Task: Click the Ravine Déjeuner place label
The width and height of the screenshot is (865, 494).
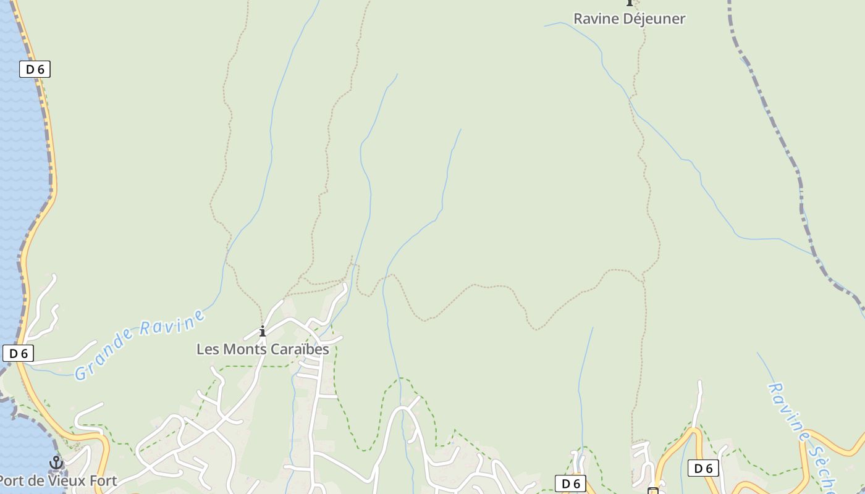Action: [629, 19]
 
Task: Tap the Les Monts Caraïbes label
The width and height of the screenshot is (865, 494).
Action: [263, 349]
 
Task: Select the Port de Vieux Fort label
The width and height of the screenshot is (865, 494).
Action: [57, 480]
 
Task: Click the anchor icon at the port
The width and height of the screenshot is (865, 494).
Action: [56, 463]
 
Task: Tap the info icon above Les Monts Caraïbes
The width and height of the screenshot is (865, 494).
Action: [263, 332]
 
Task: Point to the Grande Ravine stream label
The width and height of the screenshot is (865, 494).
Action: [140, 345]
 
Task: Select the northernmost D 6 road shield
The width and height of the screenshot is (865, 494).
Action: [35, 69]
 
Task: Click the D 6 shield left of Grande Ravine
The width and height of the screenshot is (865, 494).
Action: [18, 353]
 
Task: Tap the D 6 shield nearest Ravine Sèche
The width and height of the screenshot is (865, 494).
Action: [703, 468]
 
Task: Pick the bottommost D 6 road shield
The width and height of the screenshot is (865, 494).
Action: [570, 484]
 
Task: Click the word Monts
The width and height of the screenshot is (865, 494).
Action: [237, 349]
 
